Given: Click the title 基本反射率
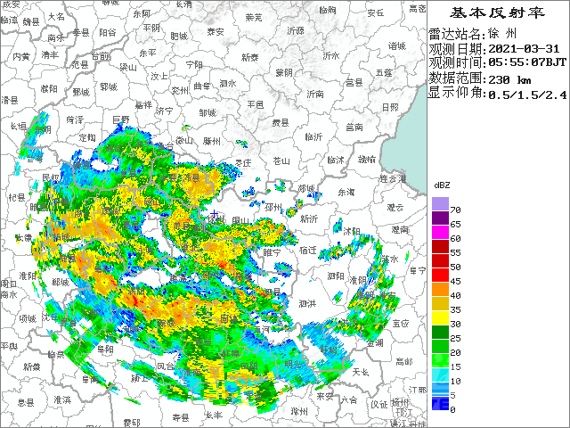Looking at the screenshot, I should tap(496, 12).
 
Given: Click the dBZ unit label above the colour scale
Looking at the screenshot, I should tap(441, 184).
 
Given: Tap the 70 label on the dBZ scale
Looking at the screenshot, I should tap(454, 209).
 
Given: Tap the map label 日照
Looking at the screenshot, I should tap(390, 107).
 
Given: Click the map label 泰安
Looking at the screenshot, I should tap(215, 31).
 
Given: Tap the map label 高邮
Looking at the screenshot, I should tap(403, 360).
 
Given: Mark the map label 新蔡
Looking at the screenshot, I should tap(31, 366).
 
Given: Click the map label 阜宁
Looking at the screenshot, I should tap(414, 269).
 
